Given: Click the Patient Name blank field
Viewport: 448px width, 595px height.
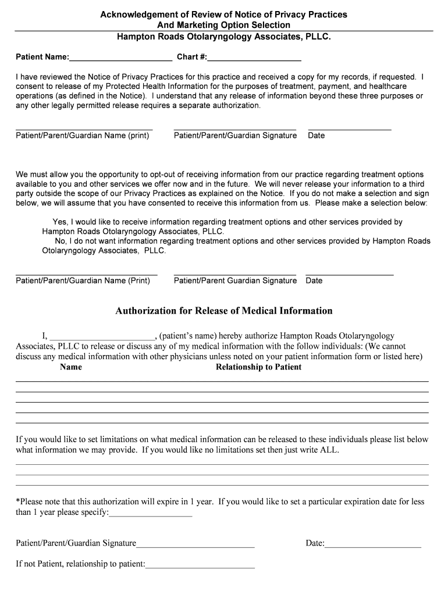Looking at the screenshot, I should [x=120, y=58].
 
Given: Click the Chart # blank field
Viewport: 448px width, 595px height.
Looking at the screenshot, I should [x=254, y=58].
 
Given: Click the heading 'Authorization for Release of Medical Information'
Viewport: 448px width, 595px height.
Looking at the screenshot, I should [x=224, y=311].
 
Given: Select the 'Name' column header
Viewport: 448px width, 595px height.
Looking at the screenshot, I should [x=71, y=367].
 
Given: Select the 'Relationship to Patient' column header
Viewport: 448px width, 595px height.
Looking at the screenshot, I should [x=258, y=367].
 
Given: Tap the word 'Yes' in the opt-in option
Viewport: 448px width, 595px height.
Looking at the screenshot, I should [x=60, y=223].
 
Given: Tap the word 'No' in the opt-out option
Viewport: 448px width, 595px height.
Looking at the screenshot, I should [x=61, y=241].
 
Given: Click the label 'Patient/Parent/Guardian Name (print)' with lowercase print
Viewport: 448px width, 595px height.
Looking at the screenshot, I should [x=82, y=136].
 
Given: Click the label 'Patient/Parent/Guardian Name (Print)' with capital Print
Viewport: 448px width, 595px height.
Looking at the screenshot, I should [x=83, y=281].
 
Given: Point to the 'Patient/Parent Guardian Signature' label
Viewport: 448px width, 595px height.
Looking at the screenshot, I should [x=235, y=281].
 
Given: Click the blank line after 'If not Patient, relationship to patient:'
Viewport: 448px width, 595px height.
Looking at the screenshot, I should [x=200, y=564].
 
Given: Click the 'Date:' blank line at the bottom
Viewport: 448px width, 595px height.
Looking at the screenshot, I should [x=373, y=544].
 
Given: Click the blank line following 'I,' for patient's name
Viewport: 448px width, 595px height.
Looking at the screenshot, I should [x=102, y=336].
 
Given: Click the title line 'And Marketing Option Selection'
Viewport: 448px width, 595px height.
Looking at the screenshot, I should [x=223, y=25].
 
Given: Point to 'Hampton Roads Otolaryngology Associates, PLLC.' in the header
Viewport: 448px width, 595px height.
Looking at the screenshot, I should [x=223, y=36].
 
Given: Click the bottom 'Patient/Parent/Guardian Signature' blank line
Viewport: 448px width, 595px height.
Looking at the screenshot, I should [x=195, y=544].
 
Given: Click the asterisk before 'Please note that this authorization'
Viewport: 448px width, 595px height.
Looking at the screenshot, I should [x=17, y=501].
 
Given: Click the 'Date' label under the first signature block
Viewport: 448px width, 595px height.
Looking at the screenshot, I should [x=316, y=136].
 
